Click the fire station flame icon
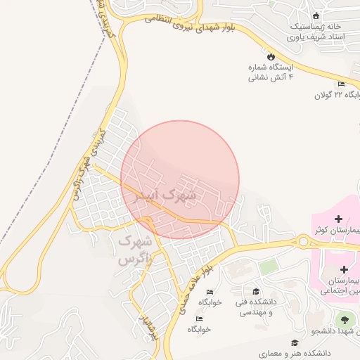tap(270, 55)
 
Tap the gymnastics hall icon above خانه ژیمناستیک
tap(316, 15)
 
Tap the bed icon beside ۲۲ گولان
tap(341, 84)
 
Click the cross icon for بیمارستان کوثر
tap(338, 219)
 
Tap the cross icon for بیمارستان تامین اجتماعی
tap(344, 269)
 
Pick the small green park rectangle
tap(267, 267)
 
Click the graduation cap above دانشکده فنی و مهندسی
tap(256, 291)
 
